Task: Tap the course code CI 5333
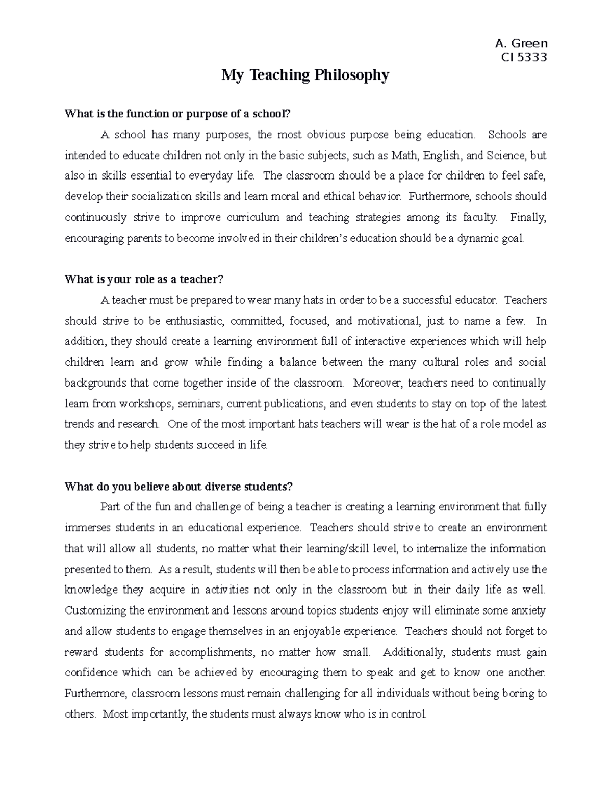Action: pos(524,57)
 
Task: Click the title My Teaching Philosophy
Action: pos(305,75)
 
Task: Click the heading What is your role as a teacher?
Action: pos(144,279)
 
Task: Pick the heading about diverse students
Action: pos(178,486)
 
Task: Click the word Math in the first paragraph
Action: pos(403,155)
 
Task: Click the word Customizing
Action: pos(96,610)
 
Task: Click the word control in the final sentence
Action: pos(408,714)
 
